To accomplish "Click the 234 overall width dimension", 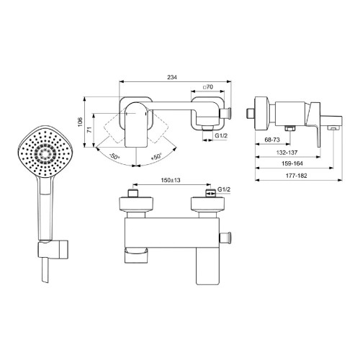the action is [172, 77].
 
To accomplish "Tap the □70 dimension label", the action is [208, 87].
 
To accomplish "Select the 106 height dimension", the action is [80, 122].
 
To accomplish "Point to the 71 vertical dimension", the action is [89, 130].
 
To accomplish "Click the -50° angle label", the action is [114, 157].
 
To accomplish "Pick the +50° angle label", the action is [157, 156].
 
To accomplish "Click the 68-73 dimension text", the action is [272, 140].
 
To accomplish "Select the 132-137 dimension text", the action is [287, 152].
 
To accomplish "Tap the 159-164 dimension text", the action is [292, 163].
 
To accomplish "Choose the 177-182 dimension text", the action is [296, 176].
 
